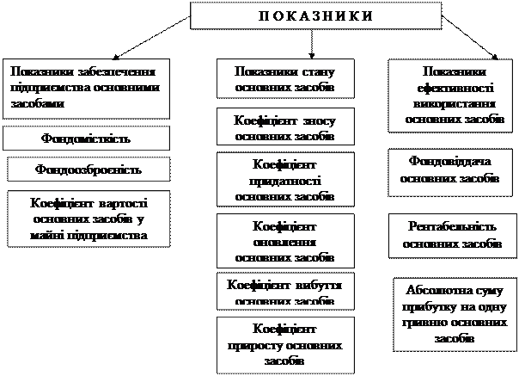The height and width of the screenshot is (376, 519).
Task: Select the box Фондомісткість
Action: point(84,137)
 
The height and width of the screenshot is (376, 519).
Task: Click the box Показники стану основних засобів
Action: point(284,79)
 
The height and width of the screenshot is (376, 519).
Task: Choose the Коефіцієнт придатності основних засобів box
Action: point(284,180)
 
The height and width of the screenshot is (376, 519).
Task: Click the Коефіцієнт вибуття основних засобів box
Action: point(284,291)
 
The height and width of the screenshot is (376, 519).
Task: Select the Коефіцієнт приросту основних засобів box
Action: point(284,344)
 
